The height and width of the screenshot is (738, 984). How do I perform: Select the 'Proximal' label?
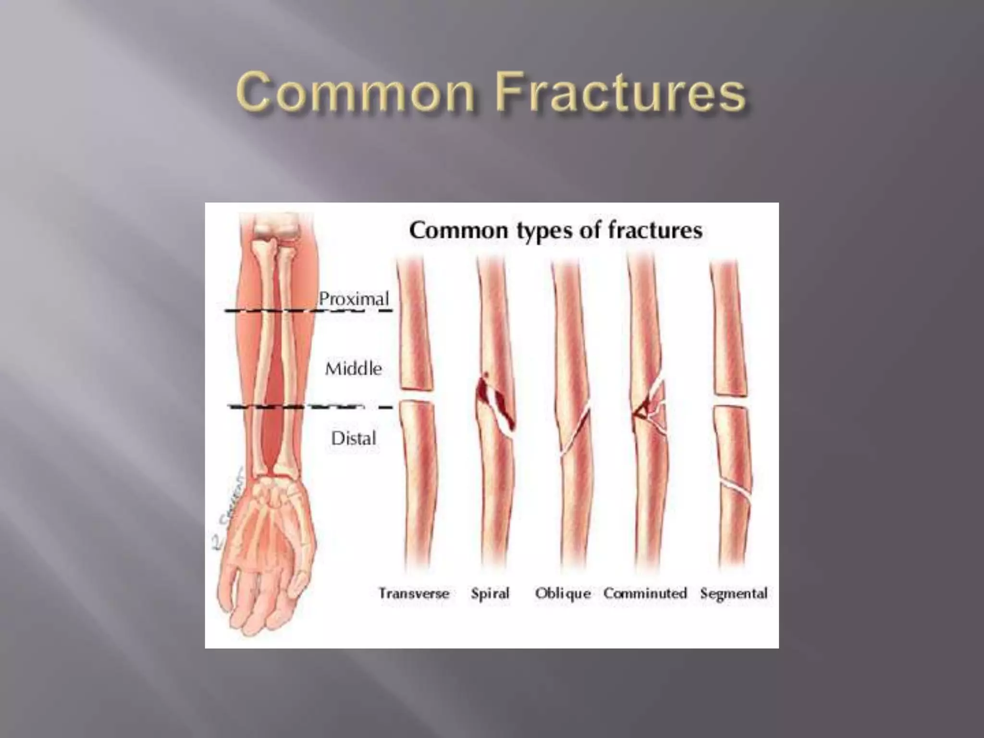[354, 299]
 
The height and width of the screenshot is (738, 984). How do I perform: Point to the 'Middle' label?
[353, 369]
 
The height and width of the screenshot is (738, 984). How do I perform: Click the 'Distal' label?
[353, 438]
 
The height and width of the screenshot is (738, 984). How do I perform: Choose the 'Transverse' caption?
[414, 593]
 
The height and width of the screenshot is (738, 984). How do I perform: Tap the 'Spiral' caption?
[490, 594]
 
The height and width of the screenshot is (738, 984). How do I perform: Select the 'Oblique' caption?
[563, 594]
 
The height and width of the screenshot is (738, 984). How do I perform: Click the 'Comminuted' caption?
[645, 593]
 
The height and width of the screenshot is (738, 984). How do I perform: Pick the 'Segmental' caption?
[734, 593]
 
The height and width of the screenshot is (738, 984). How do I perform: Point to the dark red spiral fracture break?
[495, 404]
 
